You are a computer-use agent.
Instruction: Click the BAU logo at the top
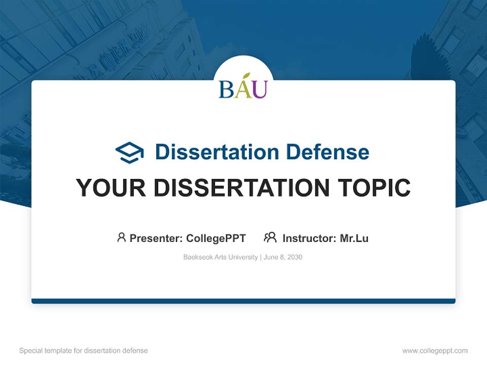(x=243, y=86)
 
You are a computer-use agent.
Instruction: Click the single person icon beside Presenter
(x=121, y=237)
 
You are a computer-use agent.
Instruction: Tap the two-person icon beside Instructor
(x=270, y=237)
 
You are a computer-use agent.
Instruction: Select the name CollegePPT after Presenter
(x=216, y=238)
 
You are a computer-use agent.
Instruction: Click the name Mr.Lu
(x=354, y=238)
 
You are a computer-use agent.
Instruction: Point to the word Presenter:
(x=156, y=238)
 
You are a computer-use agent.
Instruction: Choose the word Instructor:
(x=309, y=238)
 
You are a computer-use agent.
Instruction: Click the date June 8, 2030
(x=283, y=257)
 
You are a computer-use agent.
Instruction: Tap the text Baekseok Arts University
(x=220, y=257)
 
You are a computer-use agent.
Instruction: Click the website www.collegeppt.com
(x=435, y=351)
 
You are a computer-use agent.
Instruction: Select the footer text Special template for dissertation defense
(x=84, y=351)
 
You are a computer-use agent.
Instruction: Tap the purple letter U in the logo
(x=259, y=89)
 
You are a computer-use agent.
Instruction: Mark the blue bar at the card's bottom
(x=243, y=301)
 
